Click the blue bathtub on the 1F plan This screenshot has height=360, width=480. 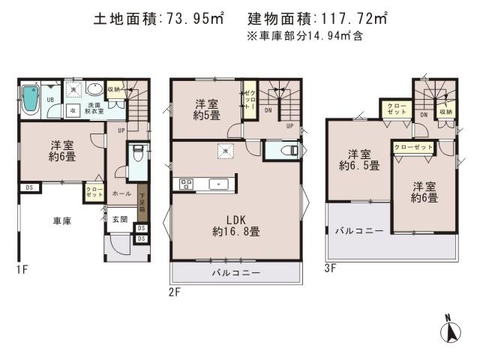point(29,98)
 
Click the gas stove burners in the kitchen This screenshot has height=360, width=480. point(187,183)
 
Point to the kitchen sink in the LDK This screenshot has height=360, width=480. point(217,183)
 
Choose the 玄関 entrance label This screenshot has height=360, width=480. point(120,219)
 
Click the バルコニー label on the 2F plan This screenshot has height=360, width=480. point(235,273)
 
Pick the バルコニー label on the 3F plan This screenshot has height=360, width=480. point(359,230)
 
